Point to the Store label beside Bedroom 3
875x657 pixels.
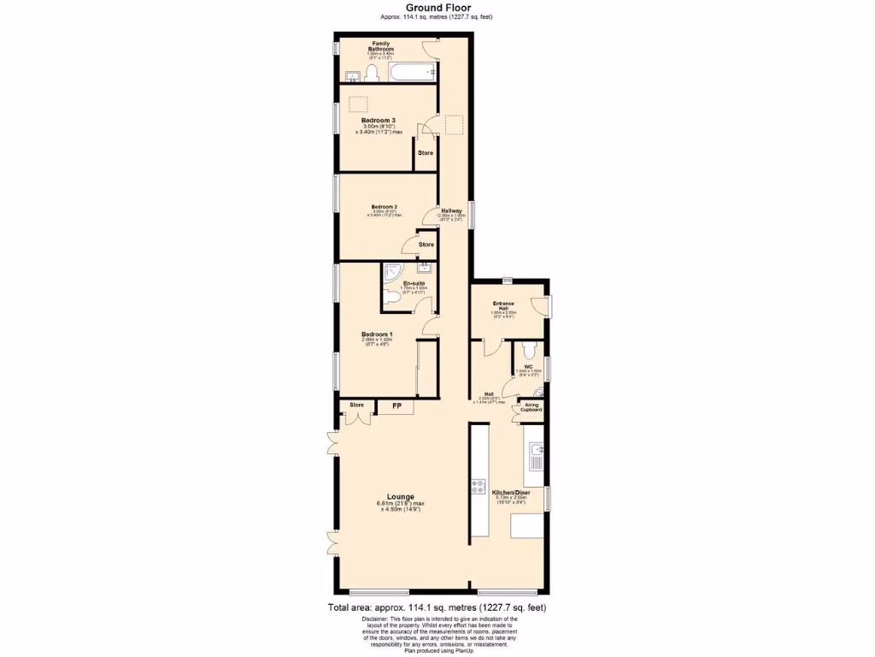[425, 153]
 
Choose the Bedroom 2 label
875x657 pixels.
[384, 206]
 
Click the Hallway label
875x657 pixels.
[451, 210]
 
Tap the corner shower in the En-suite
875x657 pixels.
[392, 273]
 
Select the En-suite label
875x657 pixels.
[414, 283]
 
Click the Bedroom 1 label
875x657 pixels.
[377, 334]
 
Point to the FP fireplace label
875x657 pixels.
[397, 405]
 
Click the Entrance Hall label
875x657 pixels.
[503, 305]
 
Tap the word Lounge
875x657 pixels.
[401, 497]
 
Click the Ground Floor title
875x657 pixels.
[436, 8]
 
